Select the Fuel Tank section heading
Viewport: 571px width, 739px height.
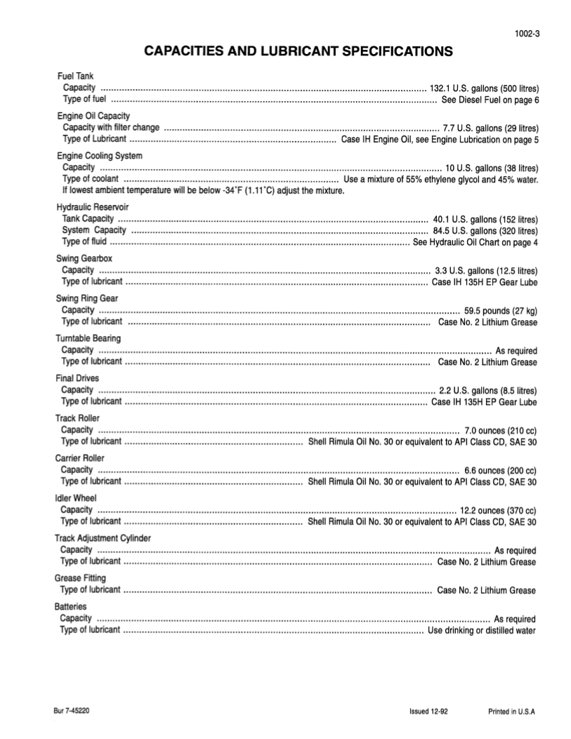(74, 76)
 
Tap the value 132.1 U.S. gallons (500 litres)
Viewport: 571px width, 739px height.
(485, 88)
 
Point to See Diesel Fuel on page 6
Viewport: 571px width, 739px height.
(490, 100)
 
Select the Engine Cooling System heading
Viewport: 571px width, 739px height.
(99, 156)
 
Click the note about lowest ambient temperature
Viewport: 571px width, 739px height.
(203, 191)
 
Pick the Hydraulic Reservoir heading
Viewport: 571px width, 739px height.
(92, 207)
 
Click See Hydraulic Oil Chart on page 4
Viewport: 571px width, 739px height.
(475, 242)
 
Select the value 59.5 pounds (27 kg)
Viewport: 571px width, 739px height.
(501, 310)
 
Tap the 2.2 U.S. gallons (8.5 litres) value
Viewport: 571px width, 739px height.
(488, 390)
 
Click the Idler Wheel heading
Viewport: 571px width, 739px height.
(76, 498)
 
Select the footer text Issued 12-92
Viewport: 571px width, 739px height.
(428, 712)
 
